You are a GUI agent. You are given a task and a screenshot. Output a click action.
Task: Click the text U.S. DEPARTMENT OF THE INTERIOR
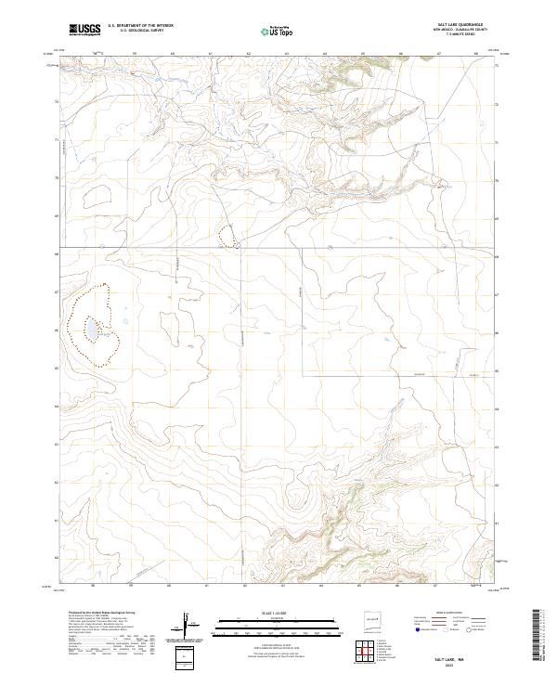(x=141, y=26)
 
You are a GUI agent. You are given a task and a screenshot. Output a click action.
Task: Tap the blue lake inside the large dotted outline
(x=93, y=330)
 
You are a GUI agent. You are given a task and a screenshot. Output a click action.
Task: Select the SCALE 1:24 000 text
(x=278, y=612)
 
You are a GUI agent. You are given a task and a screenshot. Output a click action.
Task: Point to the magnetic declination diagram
(x=189, y=626)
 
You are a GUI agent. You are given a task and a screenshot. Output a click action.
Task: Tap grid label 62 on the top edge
(x=249, y=54)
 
